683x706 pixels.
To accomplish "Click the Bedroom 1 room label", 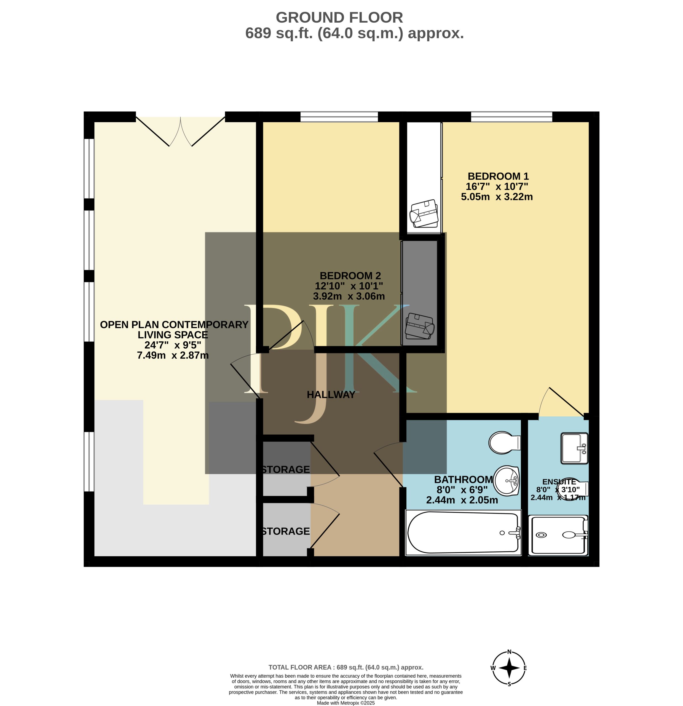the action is [498, 176].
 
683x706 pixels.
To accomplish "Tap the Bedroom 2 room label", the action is [350, 276].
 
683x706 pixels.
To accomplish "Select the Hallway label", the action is [331, 395].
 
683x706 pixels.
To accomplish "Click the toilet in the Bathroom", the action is [504, 442].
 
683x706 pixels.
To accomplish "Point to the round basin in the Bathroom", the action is [506, 480].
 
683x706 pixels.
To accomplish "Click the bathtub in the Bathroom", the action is [463, 532].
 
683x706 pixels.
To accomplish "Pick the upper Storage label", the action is [286, 470].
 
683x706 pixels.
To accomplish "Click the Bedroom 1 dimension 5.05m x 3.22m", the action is [497, 197].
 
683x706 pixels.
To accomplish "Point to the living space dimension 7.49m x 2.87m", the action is [173, 355].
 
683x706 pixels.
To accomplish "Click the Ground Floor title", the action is [339, 17].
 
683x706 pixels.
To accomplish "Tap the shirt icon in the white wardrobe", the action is [424, 214].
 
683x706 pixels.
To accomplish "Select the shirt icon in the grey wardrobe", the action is [420, 326].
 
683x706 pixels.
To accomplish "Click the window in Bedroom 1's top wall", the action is [511, 117].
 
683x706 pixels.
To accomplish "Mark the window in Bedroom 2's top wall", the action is [339, 117].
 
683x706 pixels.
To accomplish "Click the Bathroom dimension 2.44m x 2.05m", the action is [462, 500].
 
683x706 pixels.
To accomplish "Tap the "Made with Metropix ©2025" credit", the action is [346, 703].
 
